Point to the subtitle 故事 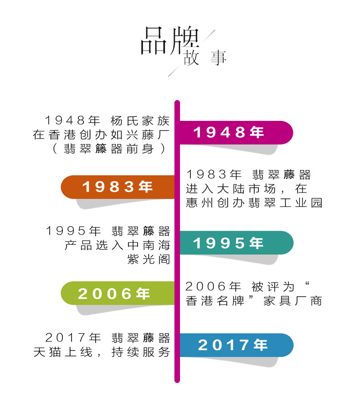click(205, 59)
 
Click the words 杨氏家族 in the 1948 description click(140, 120)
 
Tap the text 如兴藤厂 click(140, 134)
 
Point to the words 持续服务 click(140, 352)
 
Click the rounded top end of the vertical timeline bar click(177, 103)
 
